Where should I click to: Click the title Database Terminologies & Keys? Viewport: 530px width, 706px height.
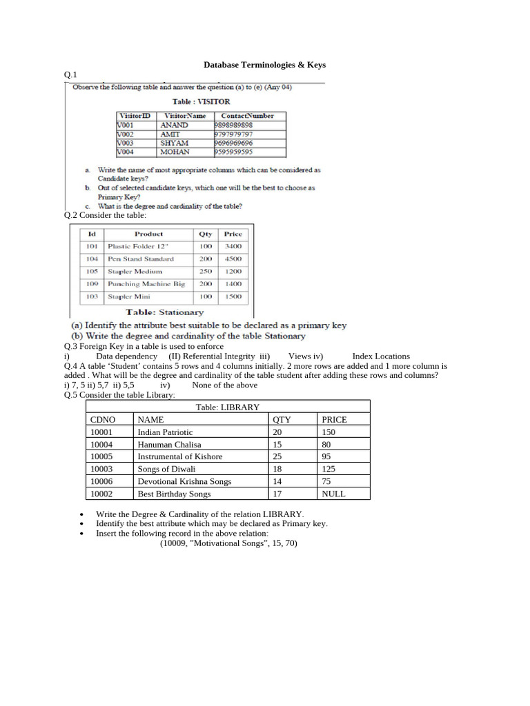(264, 65)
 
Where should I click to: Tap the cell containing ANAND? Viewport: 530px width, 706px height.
(174, 125)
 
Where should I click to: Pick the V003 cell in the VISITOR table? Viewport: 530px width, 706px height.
(126, 143)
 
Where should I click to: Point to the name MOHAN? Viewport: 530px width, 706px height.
(174, 152)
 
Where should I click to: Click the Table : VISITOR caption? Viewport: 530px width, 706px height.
(202, 101)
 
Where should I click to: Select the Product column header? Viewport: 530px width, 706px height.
(148, 234)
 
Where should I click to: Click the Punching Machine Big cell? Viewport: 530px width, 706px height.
(146, 283)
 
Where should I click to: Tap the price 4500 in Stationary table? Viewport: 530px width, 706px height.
(233, 259)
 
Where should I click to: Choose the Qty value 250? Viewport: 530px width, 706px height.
(206, 271)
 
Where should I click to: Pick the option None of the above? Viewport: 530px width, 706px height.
(224, 385)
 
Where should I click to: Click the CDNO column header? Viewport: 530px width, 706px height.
(103, 419)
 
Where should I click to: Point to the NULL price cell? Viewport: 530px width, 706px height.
(333, 494)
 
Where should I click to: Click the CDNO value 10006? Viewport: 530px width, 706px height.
(101, 481)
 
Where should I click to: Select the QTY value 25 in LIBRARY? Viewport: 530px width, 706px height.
(277, 456)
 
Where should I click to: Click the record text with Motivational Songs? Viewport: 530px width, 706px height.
(228, 543)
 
